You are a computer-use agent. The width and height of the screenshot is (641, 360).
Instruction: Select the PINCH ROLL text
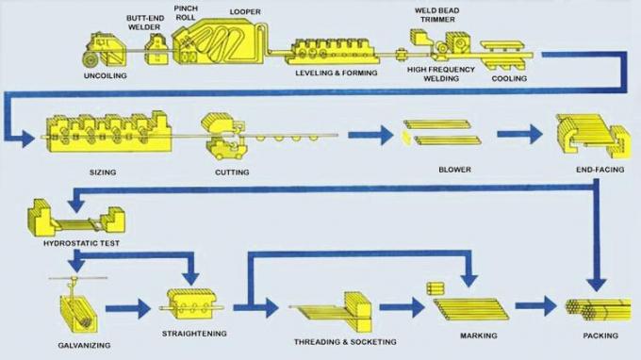coord(187,12)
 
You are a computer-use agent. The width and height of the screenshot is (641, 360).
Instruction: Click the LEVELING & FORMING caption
coord(336,73)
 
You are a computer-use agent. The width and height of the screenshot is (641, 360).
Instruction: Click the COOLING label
coord(509,79)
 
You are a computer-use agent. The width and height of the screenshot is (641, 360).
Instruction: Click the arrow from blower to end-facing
coord(519,136)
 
